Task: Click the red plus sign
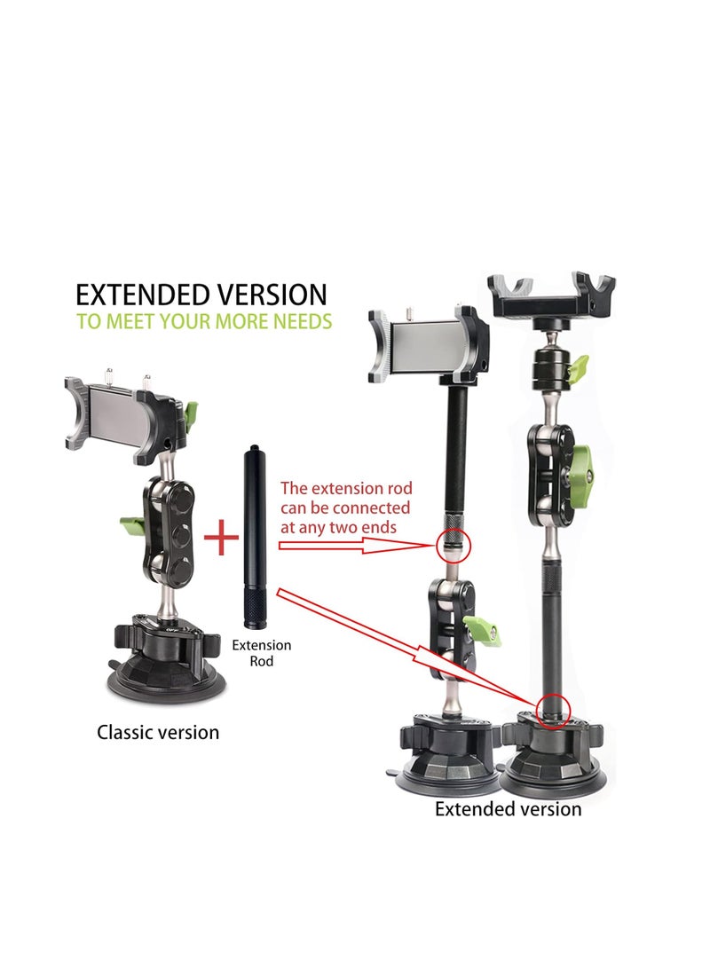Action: point(222,539)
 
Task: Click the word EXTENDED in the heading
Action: point(140,295)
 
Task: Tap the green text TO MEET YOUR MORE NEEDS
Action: point(204,321)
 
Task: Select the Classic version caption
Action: point(158,733)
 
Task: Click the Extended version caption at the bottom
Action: point(508,809)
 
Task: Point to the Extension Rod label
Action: point(262,653)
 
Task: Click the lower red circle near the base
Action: point(552,710)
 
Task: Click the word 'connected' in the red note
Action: point(371,508)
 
